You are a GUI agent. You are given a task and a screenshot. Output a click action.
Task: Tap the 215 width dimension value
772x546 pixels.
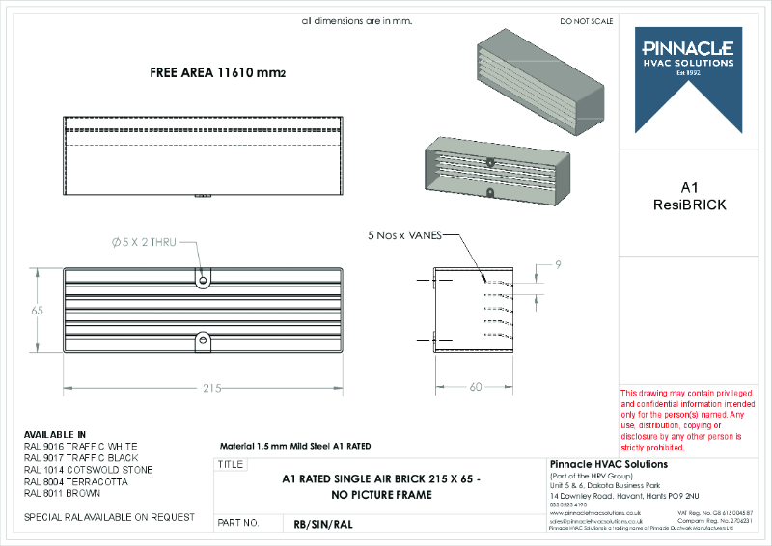click(x=211, y=388)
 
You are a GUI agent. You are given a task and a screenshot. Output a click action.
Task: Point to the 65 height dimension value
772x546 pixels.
click(x=38, y=311)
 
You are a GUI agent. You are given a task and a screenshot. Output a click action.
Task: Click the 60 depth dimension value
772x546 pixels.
click(x=475, y=387)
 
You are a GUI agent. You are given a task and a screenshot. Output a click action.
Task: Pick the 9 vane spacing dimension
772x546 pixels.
click(x=558, y=263)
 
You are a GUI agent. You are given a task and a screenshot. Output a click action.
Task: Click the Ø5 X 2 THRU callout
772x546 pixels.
click(x=144, y=243)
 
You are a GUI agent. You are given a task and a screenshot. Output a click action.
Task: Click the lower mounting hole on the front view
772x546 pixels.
click(x=203, y=339)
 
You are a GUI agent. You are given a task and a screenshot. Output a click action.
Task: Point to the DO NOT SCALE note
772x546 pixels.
click(x=586, y=20)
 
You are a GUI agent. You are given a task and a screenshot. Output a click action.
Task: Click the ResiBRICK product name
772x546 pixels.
click(x=689, y=205)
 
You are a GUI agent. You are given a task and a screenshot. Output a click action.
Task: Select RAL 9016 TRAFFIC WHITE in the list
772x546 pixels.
click(x=80, y=447)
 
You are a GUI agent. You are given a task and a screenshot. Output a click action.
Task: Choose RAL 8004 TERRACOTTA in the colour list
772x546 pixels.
click(x=75, y=481)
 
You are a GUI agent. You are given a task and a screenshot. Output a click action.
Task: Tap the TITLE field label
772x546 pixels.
click(x=231, y=465)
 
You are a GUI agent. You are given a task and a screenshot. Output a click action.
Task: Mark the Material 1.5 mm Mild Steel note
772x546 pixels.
click(x=295, y=446)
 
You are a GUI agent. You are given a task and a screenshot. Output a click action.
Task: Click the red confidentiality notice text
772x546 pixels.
click(x=681, y=420)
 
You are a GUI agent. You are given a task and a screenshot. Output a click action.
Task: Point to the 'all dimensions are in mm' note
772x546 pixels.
click(x=356, y=20)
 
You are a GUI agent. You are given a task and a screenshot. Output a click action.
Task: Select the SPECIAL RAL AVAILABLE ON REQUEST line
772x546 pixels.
click(x=109, y=517)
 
